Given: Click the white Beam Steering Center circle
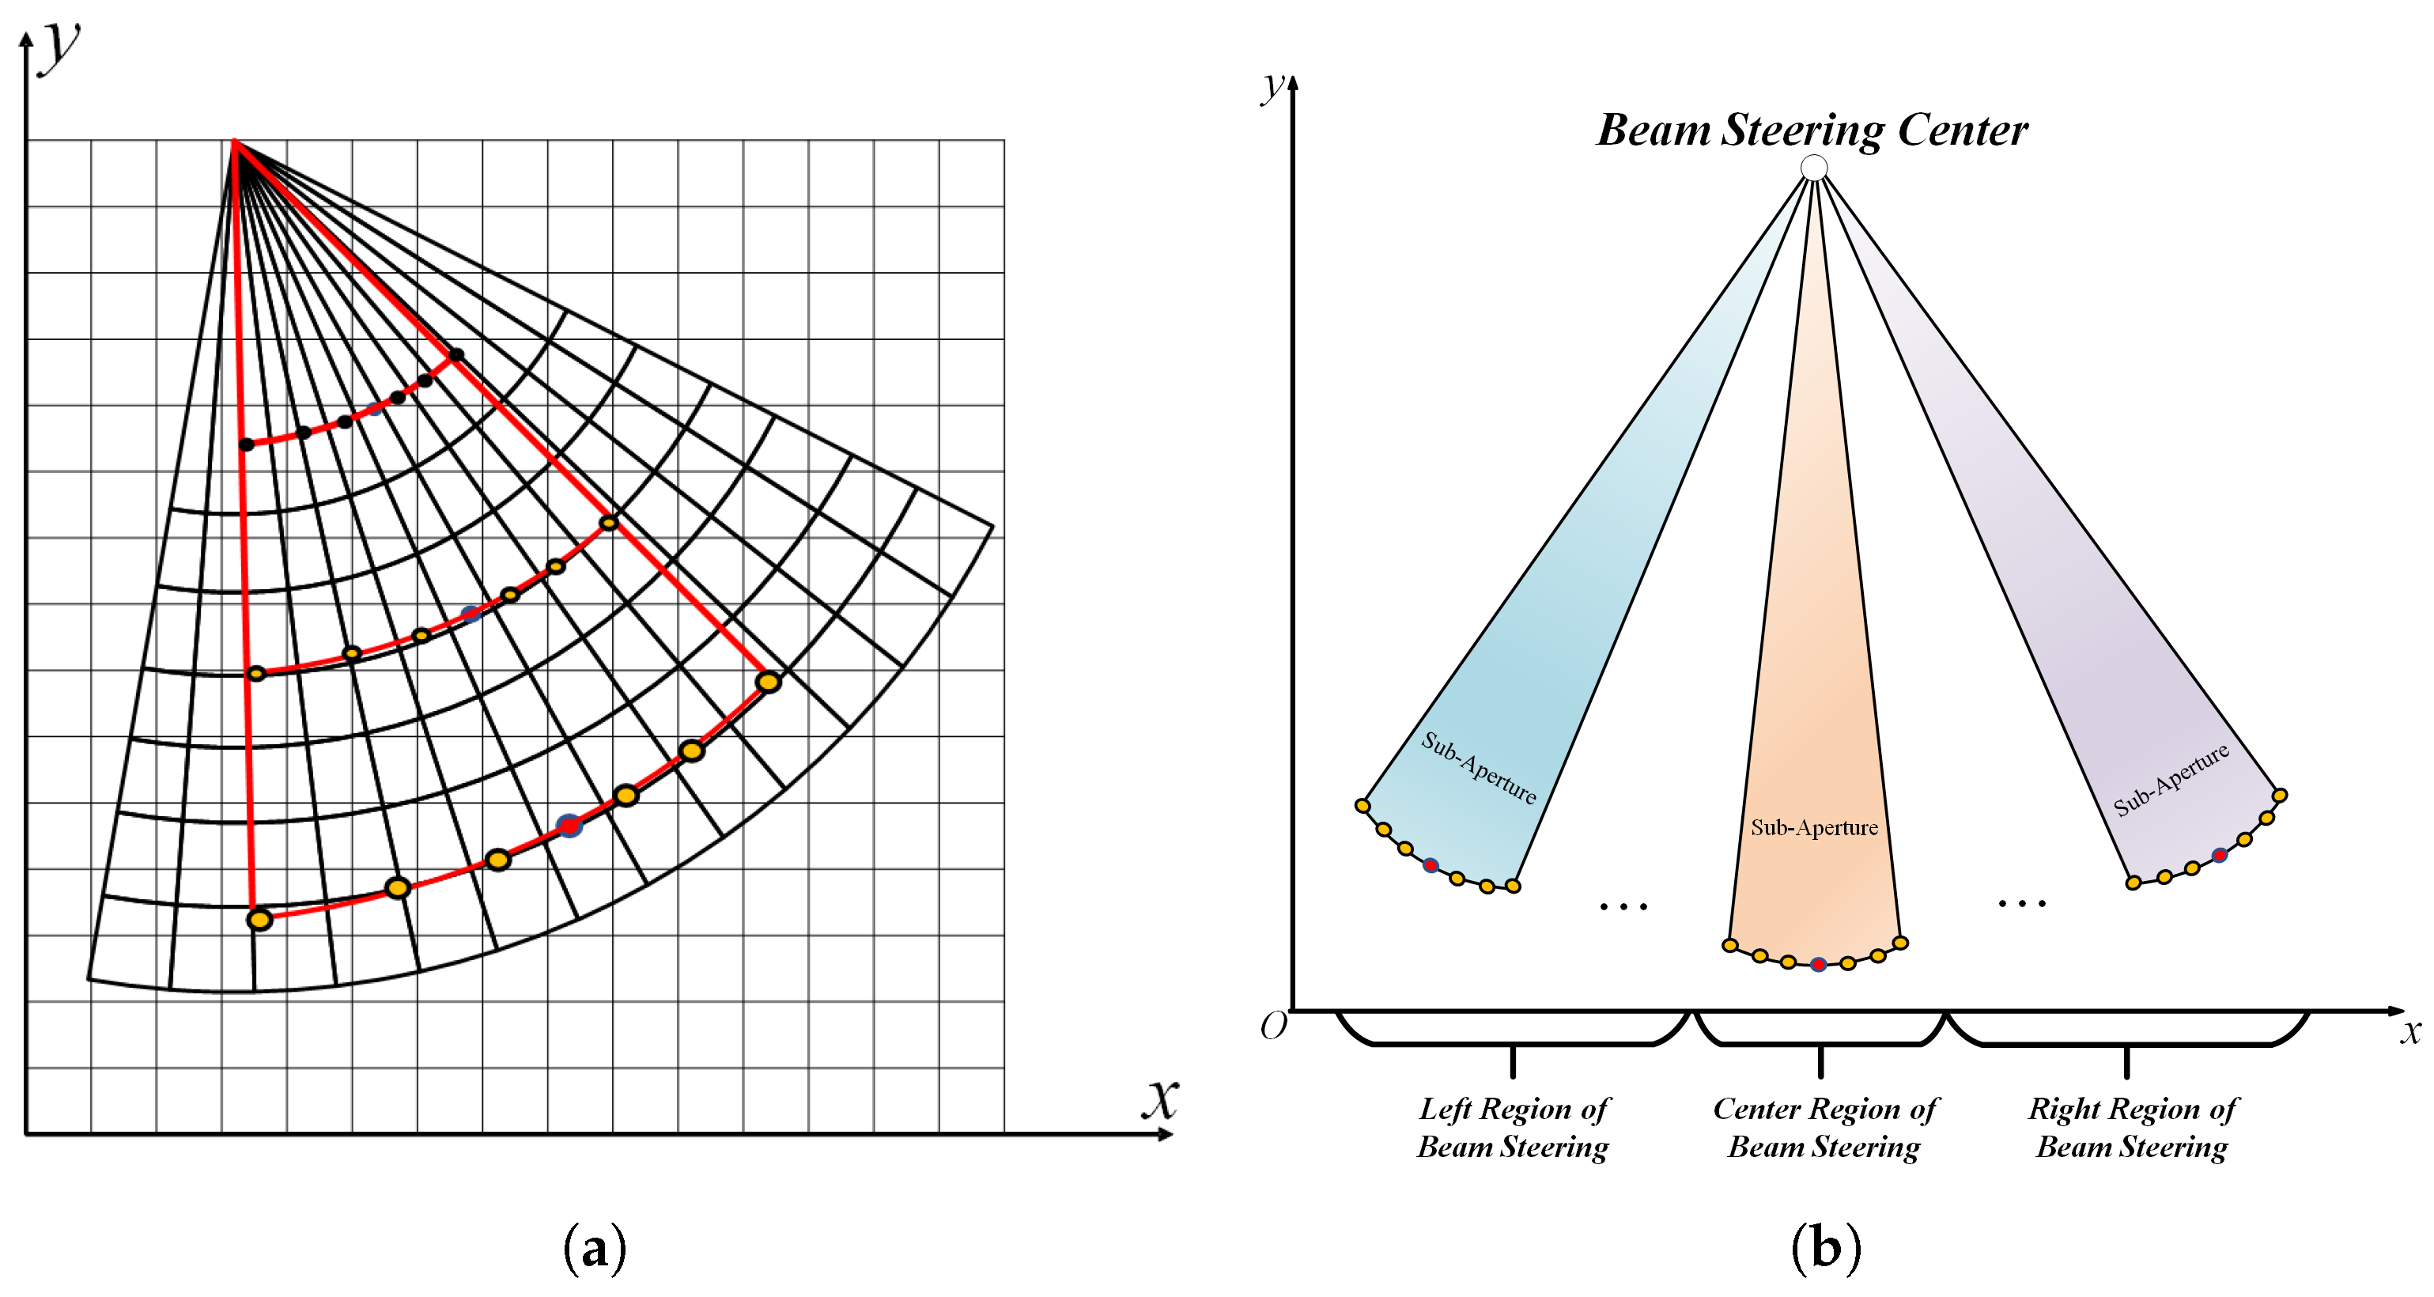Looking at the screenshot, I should pyautogui.click(x=1813, y=168).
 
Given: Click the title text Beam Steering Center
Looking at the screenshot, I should pyautogui.click(x=1812, y=130).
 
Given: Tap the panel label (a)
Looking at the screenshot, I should pyautogui.click(x=595, y=1248).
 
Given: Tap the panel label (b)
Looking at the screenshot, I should pyautogui.click(x=1825, y=1248).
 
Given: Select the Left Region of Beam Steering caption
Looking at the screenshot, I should pyautogui.click(x=1513, y=1127).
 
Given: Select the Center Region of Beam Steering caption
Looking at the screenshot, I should pyautogui.click(x=1824, y=1127).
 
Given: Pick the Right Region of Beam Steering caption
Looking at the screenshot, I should pyautogui.click(x=2133, y=1127).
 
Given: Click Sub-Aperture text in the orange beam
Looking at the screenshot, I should pyautogui.click(x=1814, y=827).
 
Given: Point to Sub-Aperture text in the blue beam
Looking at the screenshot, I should pyautogui.click(x=1479, y=767).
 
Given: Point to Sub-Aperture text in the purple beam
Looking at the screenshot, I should pyautogui.click(x=2171, y=779).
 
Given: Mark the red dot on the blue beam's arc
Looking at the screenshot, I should pyautogui.click(x=1431, y=865).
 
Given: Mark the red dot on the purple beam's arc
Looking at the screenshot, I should pyautogui.click(x=2220, y=855).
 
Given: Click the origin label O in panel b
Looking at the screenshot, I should pyautogui.click(x=1272, y=1026).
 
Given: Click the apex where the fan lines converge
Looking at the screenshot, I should pyautogui.click(x=234, y=142).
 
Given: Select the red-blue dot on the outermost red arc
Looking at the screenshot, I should pyautogui.click(x=569, y=826).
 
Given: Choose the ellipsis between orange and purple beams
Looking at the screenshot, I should pyautogui.click(x=2022, y=904).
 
